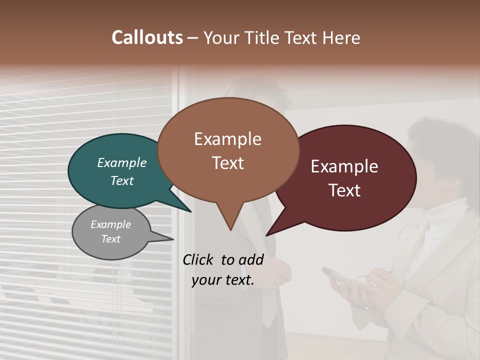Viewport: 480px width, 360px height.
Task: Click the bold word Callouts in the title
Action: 147,37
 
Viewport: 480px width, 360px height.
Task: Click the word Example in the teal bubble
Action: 121,162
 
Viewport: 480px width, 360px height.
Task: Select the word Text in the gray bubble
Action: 110,239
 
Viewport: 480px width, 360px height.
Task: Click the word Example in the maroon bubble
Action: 344,166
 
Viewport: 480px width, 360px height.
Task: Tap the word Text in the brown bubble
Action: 228,163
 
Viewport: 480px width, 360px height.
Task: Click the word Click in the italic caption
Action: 198,259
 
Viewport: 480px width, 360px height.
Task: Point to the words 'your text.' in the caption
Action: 222,280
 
